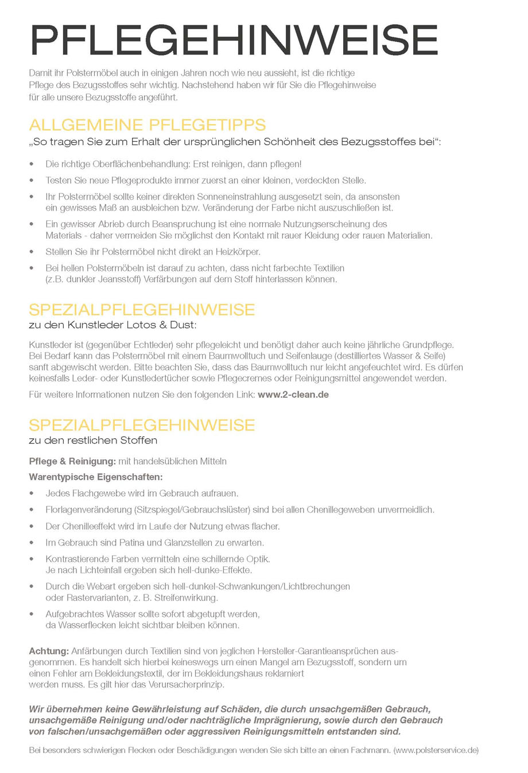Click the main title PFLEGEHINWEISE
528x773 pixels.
pyautogui.click(x=234, y=40)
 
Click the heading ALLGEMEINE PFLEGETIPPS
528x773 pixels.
pyautogui.click(x=147, y=125)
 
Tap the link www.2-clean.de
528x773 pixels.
pyautogui.click(x=293, y=395)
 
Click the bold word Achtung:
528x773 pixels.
pyautogui.click(x=49, y=651)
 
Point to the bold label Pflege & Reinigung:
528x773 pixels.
pyautogui.click(x=72, y=461)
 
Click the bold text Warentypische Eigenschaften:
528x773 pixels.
pyautogui.click(x=96, y=477)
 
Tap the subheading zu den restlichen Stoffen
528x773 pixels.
pyautogui.click(x=93, y=441)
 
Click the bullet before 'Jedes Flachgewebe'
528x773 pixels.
pyautogui.click(x=32, y=494)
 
